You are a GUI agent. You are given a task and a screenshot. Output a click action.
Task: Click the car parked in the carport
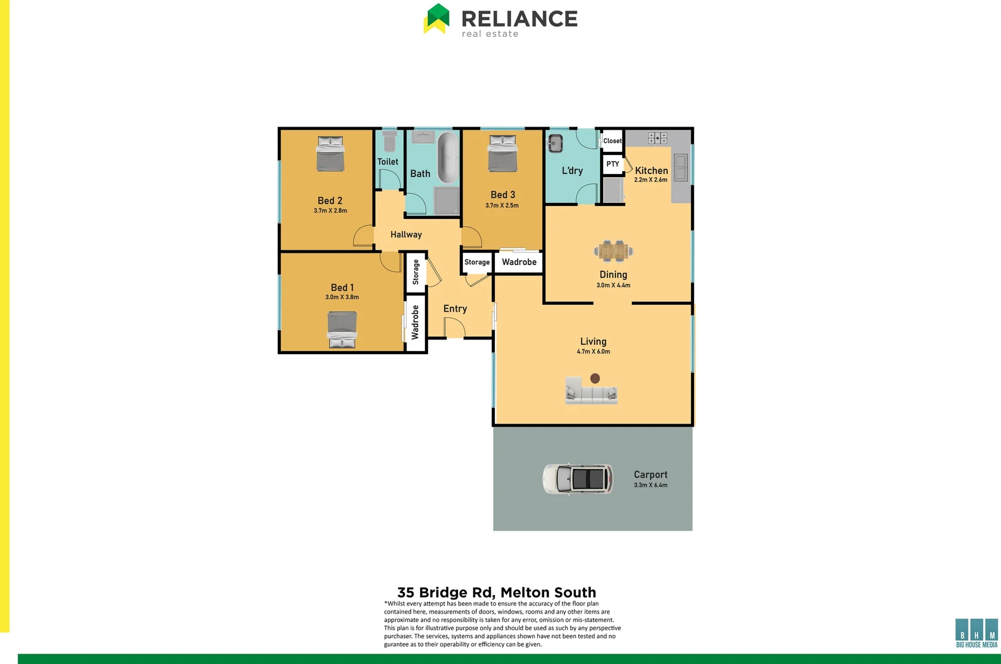click(578, 478)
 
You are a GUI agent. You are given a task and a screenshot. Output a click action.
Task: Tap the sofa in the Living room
click(591, 392)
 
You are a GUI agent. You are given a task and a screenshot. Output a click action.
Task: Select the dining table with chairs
click(614, 251)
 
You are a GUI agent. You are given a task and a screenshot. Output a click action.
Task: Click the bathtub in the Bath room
click(448, 157)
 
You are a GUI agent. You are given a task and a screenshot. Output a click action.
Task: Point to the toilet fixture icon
click(389, 141)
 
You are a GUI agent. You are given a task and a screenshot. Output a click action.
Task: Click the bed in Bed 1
click(342, 329)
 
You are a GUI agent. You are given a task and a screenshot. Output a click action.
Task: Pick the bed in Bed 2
click(330, 153)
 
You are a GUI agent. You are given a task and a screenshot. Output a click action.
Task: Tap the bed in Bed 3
click(502, 153)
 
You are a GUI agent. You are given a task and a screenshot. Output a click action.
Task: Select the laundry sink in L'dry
click(556, 143)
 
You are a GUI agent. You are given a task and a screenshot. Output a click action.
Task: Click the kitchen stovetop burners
click(657, 138)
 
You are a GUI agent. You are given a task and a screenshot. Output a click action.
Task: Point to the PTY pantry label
click(612, 164)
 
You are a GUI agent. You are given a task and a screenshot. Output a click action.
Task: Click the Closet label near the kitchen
click(612, 141)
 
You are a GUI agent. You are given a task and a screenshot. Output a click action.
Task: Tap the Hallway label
click(406, 234)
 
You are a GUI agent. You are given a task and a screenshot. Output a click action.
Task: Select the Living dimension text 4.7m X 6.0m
click(593, 352)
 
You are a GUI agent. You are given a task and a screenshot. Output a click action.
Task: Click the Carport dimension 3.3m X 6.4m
click(651, 485)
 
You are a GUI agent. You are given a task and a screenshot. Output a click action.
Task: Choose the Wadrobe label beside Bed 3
click(519, 262)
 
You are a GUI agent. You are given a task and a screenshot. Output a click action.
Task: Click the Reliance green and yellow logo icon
click(437, 19)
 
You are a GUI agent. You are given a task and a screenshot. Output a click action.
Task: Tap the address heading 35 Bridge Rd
click(497, 592)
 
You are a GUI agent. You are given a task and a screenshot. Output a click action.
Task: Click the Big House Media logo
click(976, 633)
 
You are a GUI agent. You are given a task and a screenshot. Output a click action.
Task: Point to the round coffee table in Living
click(595, 378)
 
